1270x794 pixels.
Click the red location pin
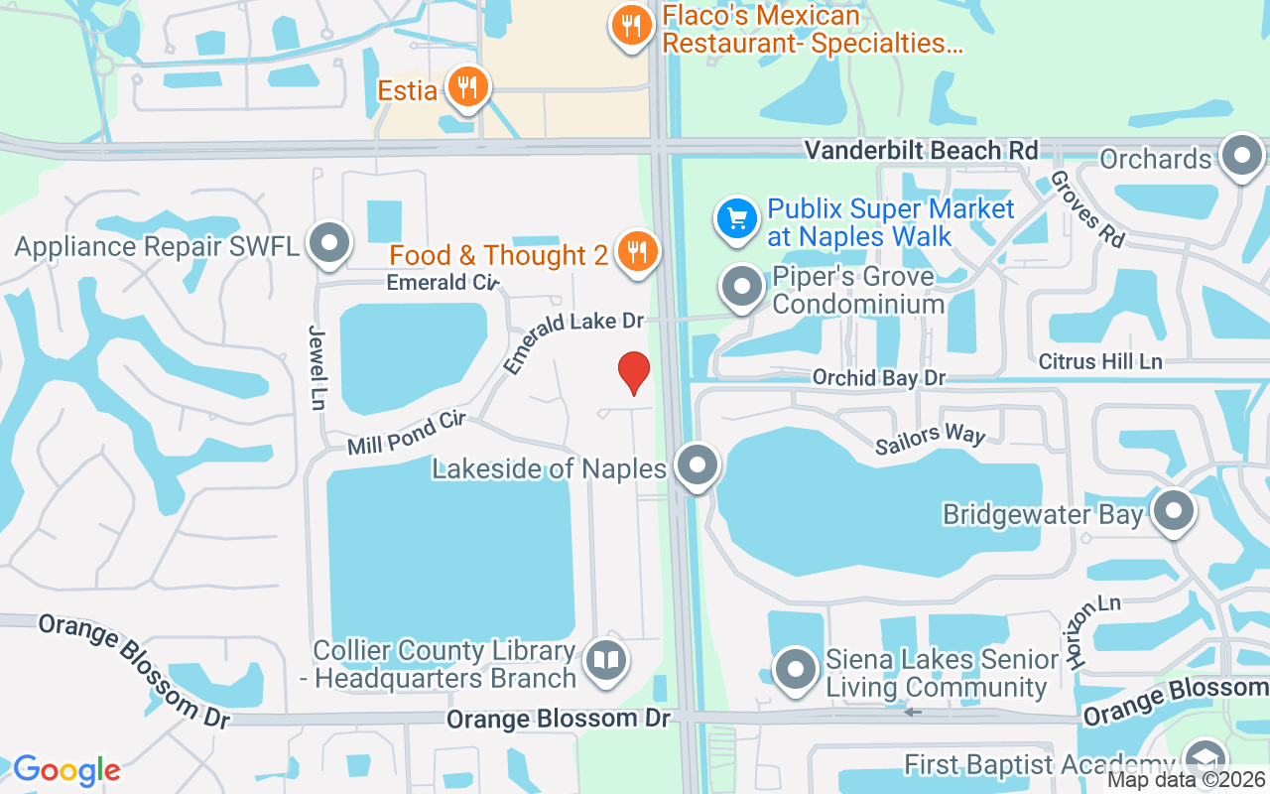coord(634,371)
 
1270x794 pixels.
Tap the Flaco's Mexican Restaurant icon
coord(629,23)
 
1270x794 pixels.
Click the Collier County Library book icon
coord(605,660)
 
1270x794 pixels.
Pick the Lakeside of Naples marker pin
coord(698,464)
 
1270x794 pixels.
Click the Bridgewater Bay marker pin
coord(1175,511)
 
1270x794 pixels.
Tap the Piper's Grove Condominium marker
coord(741,287)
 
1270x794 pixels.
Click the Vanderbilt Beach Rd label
coord(921,150)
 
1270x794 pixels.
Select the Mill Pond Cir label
coord(406,435)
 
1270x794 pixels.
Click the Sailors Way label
coord(930,441)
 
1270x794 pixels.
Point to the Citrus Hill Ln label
coord(1100,362)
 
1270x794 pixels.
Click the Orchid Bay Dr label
coord(878,378)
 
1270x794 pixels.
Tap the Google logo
coord(66,770)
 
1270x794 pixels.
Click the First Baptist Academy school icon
coord(1206,760)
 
